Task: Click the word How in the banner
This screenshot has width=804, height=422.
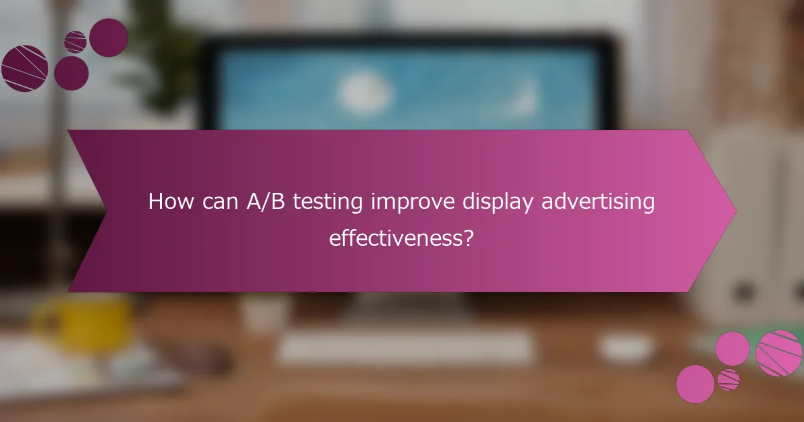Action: pyautogui.click(x=170, y=202)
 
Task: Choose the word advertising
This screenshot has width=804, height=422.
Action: pyautogui.click(x=598, y=203)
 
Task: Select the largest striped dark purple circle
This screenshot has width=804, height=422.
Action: pyautogui.click(x=25, y=68)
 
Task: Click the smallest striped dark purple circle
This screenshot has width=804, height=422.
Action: pyautogui.click(x=75, y=42)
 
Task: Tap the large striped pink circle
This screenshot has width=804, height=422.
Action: pyautogui.click(x=779, y=353)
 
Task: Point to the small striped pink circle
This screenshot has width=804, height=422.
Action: pyautogui.click(x=728, y=380)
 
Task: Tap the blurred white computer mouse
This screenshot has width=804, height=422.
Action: pyautogui.click(x=625, y=348)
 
